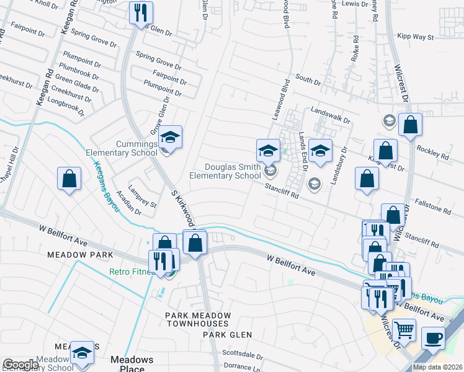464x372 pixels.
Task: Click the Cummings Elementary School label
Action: pos(128,148)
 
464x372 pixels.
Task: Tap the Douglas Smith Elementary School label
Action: pos(234,170)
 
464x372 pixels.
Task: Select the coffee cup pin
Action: pos(433,338)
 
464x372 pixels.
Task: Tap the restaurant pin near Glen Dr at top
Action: pos(141,12)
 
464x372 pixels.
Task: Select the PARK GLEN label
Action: pos(227,335)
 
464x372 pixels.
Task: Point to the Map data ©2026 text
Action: pos(437,367)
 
